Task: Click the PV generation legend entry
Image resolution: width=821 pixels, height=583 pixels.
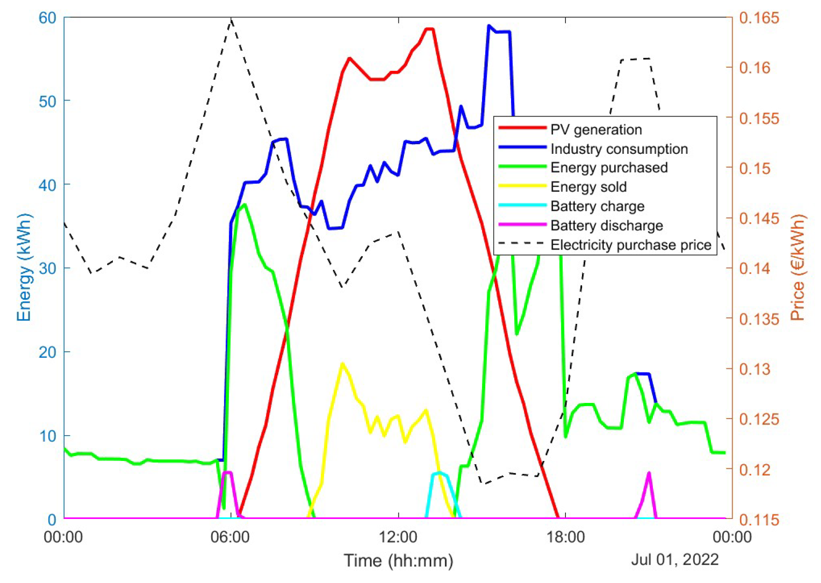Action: pos(596,130)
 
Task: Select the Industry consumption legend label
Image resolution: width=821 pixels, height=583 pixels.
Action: pos(619,149)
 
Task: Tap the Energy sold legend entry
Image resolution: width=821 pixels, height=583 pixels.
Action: pos(588,187)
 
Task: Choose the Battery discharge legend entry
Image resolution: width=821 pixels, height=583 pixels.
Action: pos(606,226)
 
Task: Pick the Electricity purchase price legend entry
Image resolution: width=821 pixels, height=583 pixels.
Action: pos(630,245)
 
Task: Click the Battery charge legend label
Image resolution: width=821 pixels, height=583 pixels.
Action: pos(597,206)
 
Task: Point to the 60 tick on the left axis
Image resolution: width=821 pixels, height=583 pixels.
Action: pos(47,18)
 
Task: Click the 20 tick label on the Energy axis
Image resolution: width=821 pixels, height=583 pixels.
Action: pos(47,352)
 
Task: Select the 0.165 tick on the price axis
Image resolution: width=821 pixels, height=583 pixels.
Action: pos(759,18)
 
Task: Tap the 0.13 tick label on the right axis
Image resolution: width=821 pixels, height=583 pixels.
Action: pos(755,369)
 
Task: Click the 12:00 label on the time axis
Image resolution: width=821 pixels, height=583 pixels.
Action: pos(398,537)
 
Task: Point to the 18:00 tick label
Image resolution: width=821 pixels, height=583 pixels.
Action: pos(565,537)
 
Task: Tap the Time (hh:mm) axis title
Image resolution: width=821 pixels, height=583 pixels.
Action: pos(398,561)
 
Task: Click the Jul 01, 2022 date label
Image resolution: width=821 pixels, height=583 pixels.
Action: pos(675,560)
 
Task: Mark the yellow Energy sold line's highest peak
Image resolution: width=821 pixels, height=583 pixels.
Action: pos(342,364)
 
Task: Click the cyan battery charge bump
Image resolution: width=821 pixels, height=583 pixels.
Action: pos(440,473)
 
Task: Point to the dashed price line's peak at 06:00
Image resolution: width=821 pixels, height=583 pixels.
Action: pos(231,19)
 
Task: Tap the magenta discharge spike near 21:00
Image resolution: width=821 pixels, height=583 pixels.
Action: pos(649,473)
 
